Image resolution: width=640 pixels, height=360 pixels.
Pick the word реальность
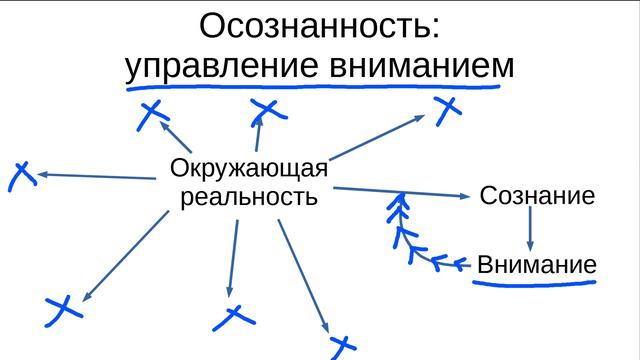[248, 196]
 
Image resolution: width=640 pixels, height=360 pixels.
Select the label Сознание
[537, 195]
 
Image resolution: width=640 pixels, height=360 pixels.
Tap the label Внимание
[537, 265]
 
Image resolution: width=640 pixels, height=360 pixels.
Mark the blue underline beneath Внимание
[535, 285]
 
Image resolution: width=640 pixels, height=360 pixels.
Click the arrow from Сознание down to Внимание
[530, 230]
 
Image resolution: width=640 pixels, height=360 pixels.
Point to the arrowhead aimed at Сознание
[465, 195]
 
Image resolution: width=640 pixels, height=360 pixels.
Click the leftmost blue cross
[20, 176]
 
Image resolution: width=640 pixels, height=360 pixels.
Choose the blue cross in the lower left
[63, 309]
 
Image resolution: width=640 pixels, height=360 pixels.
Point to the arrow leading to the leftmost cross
[95, 177]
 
